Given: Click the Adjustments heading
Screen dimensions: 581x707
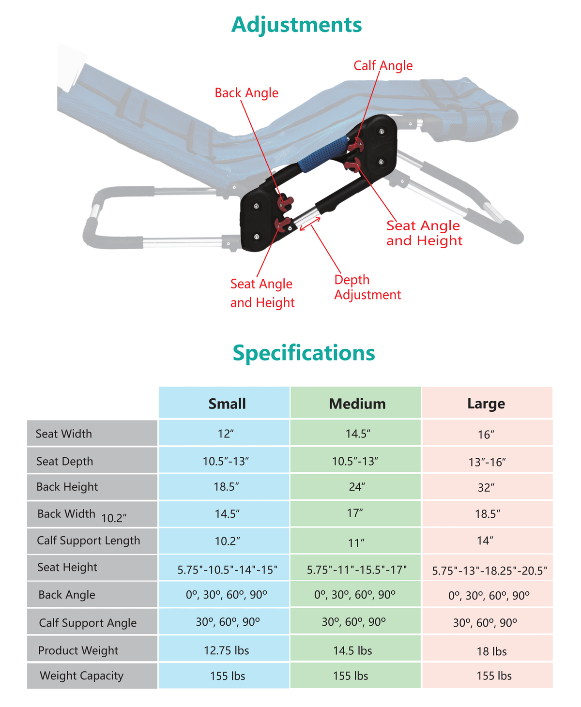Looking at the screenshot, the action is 296,25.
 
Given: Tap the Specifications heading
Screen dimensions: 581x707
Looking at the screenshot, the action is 304,353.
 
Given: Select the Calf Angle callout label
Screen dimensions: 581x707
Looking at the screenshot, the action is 383,66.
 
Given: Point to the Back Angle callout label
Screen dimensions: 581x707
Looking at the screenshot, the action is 246,93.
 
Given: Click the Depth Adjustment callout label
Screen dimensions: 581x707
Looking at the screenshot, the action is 367,287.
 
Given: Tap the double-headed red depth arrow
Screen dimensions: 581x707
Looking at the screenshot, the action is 309,224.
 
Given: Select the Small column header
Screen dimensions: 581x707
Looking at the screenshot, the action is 227,403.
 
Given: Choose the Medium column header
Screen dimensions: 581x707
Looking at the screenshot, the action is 357,403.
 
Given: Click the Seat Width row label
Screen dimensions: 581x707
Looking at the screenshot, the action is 64,434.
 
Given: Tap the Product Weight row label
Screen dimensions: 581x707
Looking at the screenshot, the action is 78,650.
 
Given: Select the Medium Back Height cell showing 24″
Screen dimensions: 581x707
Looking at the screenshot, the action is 356,486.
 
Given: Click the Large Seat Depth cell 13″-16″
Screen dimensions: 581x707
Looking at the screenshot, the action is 487,462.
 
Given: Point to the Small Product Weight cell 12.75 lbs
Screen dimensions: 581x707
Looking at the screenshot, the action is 227,650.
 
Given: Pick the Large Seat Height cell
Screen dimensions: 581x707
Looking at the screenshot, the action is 489,571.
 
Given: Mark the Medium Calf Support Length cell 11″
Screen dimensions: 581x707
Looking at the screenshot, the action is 356,543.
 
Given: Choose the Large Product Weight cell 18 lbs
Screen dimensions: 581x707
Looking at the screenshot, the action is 491,651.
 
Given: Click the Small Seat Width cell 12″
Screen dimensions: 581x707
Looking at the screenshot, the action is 226,434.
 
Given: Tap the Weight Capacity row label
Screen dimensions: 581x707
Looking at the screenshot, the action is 81,676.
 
